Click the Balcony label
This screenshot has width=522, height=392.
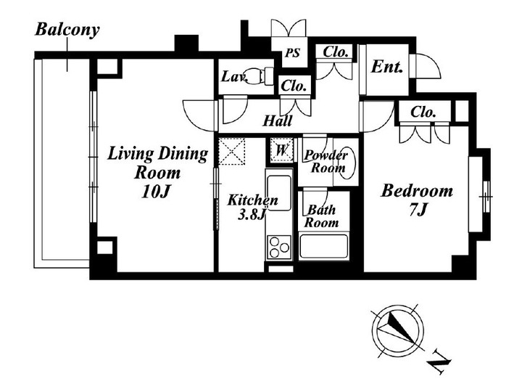pos(67,30)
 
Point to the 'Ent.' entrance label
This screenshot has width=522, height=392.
pos(388,67)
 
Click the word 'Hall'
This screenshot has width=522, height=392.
pos(278,121)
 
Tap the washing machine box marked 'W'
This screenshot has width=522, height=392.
pos(282,150)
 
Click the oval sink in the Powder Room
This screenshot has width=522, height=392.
pos(348,163)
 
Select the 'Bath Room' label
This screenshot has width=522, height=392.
pos(322,216)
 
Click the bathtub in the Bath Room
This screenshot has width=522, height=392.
pos(325,247)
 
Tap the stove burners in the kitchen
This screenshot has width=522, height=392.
pos(278,248)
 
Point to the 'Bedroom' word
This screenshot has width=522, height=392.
pos(417,192)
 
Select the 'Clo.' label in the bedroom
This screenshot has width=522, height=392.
pos(423,113)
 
